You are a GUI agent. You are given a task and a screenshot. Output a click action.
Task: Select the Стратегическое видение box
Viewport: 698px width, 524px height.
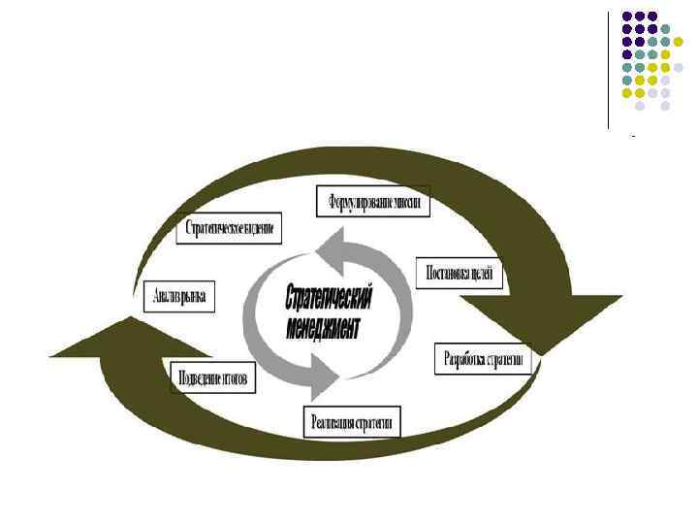(x=232, y=230)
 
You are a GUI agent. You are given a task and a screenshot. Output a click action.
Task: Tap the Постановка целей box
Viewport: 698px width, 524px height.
(x=460, y=274)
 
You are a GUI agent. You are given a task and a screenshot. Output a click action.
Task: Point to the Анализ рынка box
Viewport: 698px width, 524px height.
(x=179, y=297)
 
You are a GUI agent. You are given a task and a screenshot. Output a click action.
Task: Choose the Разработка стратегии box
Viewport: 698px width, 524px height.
(x=483, y=359)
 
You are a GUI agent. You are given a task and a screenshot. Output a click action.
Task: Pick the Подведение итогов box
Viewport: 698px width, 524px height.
(x=212, y=377)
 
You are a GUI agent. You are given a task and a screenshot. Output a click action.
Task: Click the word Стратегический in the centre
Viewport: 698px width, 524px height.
(x=330, y=295)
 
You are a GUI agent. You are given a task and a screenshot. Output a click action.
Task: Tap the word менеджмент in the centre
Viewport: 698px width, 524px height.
(x=323, y=327)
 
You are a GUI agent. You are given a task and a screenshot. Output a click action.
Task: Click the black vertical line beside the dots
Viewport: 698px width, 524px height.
(x=608, y=68)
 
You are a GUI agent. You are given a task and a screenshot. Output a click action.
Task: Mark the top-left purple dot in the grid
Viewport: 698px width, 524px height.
(x=626, y=16)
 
